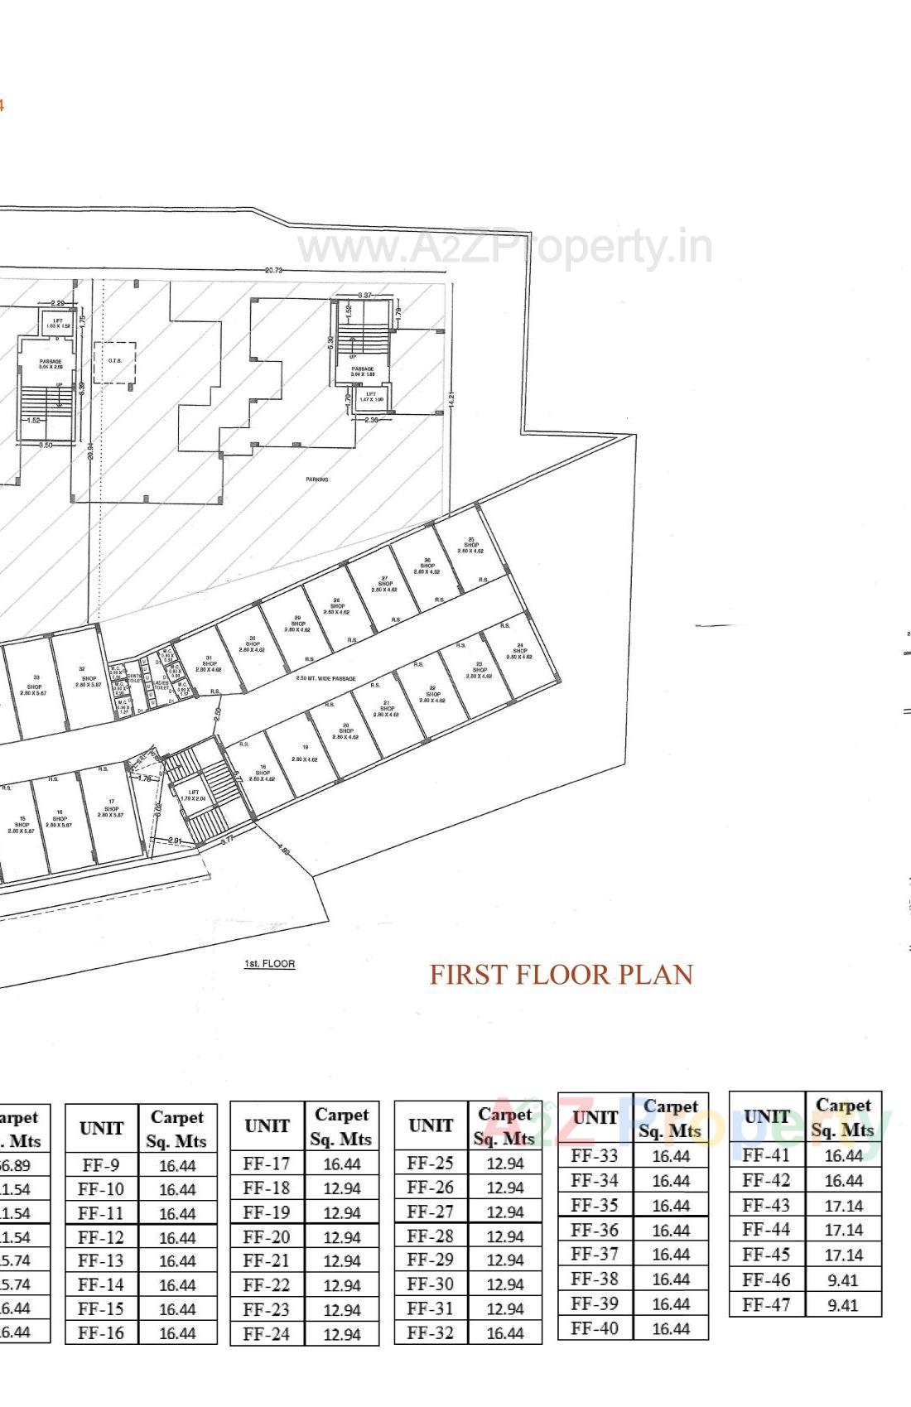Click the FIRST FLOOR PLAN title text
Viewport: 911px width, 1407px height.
pyautogui.click(x=561, y=974)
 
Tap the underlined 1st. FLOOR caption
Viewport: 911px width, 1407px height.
pyautogui.click(x=269, y=964)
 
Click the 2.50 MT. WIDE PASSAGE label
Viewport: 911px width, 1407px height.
pyautogui.click(x=326, y=678)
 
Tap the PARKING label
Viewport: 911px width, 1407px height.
pyautogui.click(x=316, y=479)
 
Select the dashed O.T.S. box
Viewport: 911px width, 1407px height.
pyautogui.click(x=114, y=361)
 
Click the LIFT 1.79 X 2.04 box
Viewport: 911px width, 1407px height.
pyautogui.click(x=194, y=795)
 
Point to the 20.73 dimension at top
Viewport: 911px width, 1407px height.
pyautogui.click(x=273, y=271)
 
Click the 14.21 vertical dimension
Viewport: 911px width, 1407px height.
pyautogui.click(x=451, y=398)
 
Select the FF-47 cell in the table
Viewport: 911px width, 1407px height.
pyautogui.click(x=766, y=1303)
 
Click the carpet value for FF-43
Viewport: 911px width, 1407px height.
pyautogui.click(x=843, y=1205)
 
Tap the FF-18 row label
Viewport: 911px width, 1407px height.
pyautogui.click(x=267, y=1188)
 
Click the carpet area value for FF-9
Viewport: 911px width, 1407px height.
pyautogui.click(x=177, y=1165)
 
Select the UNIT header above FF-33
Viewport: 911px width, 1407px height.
pyautogui.click(x=595, y=1117)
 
